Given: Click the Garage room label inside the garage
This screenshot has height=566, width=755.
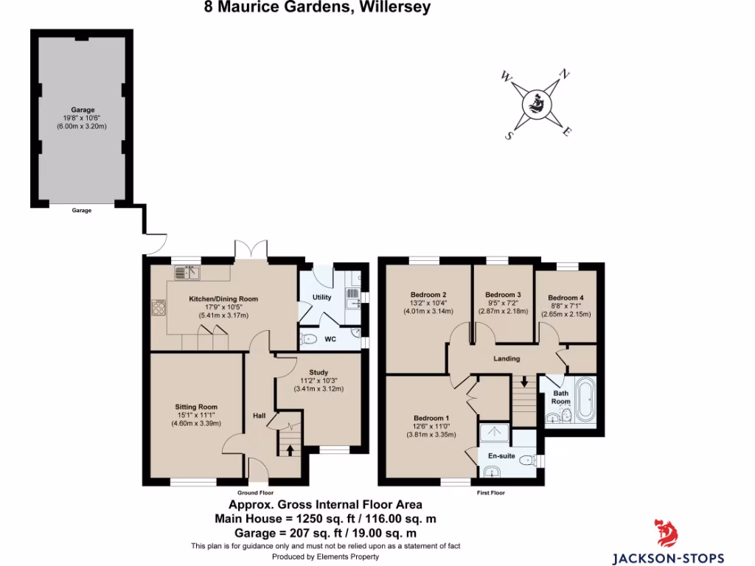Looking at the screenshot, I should (x=82, y=109).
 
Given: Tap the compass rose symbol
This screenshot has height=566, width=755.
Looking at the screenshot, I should (x=537, y=105).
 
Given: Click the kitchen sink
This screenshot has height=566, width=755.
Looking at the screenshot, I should (x=188, y=273).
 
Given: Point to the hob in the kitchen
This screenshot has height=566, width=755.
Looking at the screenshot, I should (x=159, y=307).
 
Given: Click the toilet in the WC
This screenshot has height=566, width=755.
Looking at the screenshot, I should (x=310, y=339).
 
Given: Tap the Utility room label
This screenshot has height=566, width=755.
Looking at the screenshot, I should (x=322, y=297).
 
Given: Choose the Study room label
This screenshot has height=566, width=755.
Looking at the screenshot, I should (x=319, y=373).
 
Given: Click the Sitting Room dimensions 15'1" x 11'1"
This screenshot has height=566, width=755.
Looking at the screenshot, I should (x=196, y=415).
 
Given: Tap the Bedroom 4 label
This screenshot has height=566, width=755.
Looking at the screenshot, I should (x=566, y=298).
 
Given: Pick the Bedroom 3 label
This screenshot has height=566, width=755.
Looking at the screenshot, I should (x=503, y=294).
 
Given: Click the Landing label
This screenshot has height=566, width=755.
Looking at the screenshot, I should (x=507, y=359).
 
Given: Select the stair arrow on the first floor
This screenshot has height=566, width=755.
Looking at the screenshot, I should (x=524, y=382).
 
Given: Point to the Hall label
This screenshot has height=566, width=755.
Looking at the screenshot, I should (x=260, y=416).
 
